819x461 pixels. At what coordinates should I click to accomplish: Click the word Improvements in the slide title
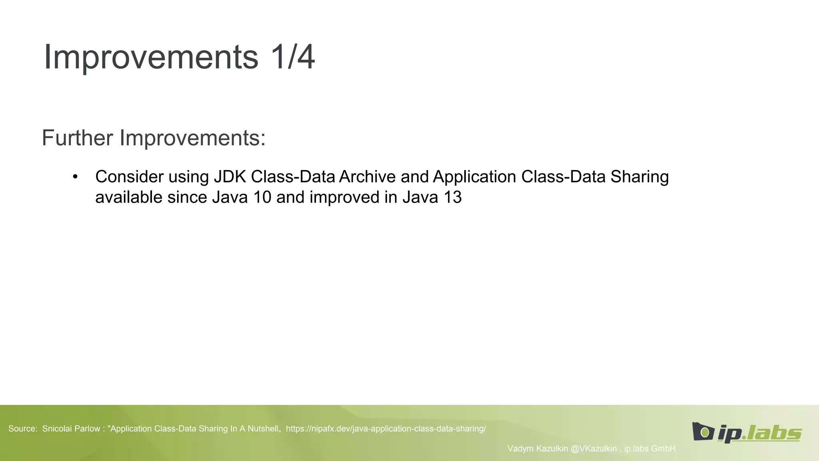click(x=151, y=57)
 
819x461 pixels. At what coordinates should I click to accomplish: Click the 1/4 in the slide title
click(x=293, y=57)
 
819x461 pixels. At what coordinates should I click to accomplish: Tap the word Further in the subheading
click(x=78, y=138)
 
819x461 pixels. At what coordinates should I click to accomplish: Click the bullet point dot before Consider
click(x=75, y=176)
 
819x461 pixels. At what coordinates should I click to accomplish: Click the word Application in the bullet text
click(x=474, y=177)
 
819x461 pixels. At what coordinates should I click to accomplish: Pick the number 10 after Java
click(x=262, y=197)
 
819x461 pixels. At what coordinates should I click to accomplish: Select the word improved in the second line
click(x=344, y=197)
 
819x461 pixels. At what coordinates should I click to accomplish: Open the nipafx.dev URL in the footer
click(x=386, y=429)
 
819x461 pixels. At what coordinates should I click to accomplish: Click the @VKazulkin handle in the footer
click(x=593, y=449)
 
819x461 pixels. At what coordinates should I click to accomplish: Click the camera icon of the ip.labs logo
click(x=702, y=432)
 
